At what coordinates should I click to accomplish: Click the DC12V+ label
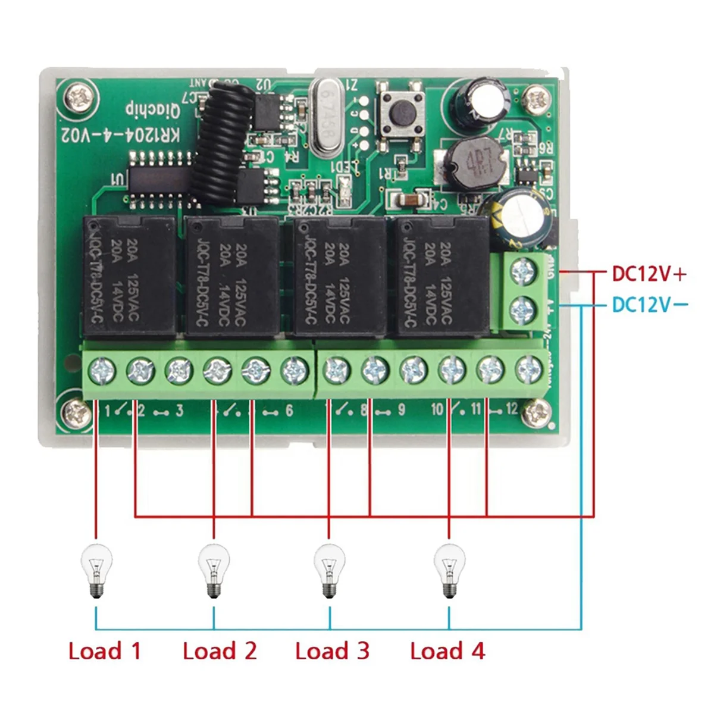[x=649, y=274]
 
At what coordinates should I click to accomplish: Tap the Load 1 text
[x=105, y=651]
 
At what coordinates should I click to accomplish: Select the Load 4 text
[x=447, y=651]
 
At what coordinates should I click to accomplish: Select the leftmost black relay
[x=129, y=277]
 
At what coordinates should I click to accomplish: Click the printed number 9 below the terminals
[x=402, y=410]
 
